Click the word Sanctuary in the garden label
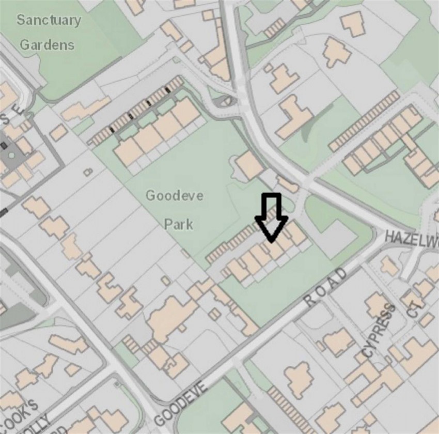point(49,21)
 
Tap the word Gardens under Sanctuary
point(47,44)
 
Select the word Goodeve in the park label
point(174,196)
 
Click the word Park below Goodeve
point(178,224)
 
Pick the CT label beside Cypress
point(415,307)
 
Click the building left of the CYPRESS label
point(338,342)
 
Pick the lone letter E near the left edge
point(19,109)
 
